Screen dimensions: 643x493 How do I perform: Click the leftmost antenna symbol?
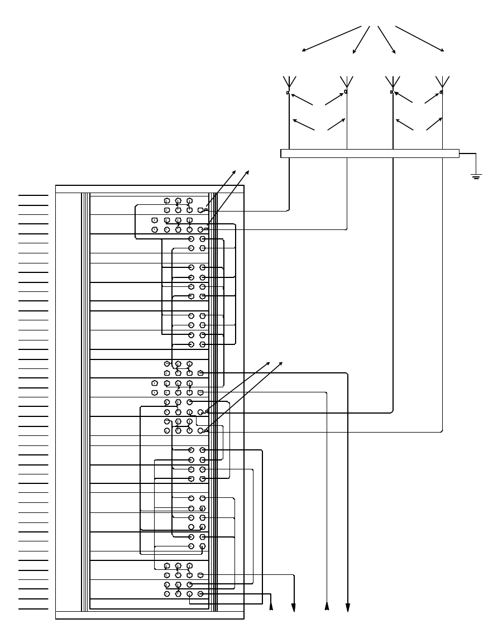[x=289, y=82]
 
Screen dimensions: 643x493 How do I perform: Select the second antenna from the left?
[x=346, y=82]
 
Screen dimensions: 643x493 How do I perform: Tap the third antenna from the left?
[x=393, y=82]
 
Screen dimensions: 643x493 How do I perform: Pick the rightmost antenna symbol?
[x=443, y=82]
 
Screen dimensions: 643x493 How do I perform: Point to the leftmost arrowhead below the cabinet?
[x=271, y=606]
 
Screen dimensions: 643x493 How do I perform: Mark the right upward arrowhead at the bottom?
[x=327, y=606]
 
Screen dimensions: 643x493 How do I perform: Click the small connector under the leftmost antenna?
[x=288, y=93]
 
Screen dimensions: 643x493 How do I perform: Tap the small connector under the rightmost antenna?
[x=442, y=92]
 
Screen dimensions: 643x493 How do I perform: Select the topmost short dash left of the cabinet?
[x=33, y=196]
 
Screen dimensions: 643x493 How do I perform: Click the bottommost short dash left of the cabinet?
[x=33, y=608]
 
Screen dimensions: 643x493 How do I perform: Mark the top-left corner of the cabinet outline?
[x=56, y=185]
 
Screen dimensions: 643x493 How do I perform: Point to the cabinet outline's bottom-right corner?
[x=244, y=620]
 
